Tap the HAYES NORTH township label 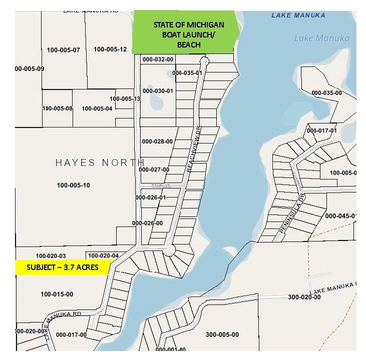(x=100, y=163)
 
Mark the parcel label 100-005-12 (x=110, y=49)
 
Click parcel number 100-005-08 (x=57, y=108)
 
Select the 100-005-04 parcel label (x=97, y=108)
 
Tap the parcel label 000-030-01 (x=158, y=91)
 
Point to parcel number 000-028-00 (x=157, y=141)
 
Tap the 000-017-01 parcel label (x=322, y=130)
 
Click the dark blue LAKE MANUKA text (x=298, y=15)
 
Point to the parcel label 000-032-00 (x=158, y=59)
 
